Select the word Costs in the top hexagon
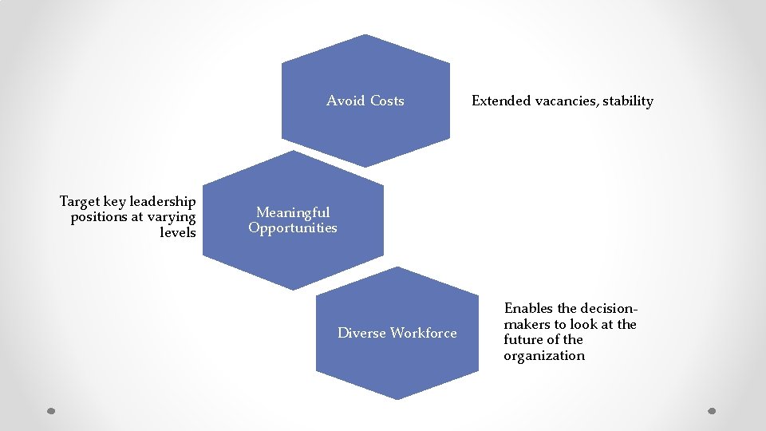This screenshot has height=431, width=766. (386, 101)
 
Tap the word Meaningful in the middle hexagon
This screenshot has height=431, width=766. (293, 212)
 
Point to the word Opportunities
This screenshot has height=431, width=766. (293, 228)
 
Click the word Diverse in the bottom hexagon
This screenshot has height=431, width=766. (361, 333)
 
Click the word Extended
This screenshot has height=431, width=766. (501, 101)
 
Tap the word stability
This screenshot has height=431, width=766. (628, 101)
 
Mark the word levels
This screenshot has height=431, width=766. (178, 232)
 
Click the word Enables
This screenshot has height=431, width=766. (529, 308)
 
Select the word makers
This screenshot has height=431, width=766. (527, 324)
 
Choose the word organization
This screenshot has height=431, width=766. (544, 356)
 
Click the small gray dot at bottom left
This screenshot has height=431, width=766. (50, 412)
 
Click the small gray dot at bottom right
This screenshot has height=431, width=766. (713, 412)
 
